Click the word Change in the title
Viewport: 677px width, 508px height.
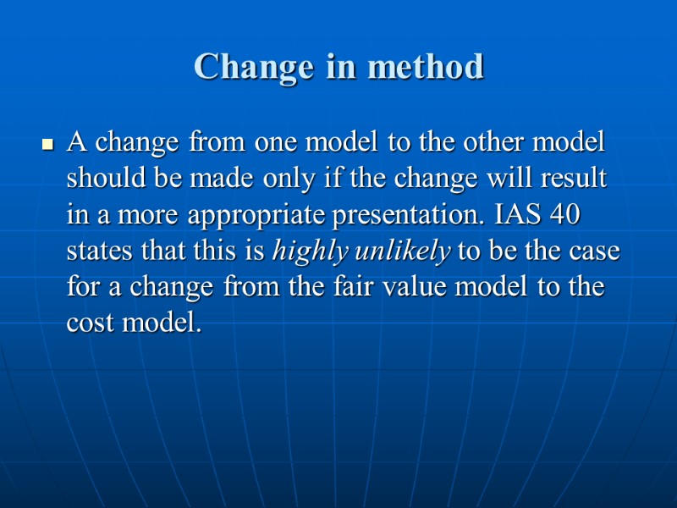pos(242,66)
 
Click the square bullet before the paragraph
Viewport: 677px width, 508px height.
pos(48,145)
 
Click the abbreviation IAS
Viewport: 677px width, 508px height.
pos(515,214)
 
